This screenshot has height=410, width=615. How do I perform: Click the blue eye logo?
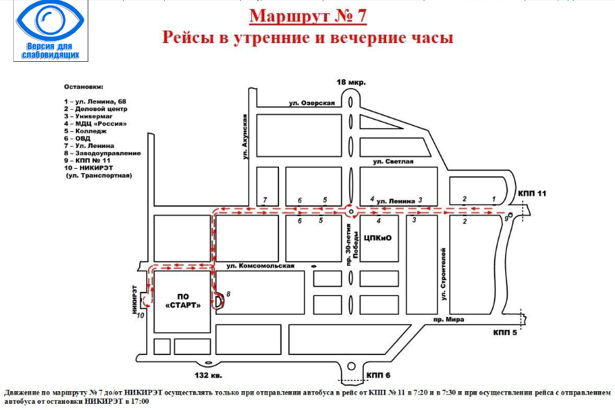coord(48,20)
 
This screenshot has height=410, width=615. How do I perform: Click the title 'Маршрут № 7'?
coord(307,15)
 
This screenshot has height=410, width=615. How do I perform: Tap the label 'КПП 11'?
coord(534,193)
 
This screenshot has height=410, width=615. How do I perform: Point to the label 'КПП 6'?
coord(378,375)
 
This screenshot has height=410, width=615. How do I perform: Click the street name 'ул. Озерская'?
coord(313,104)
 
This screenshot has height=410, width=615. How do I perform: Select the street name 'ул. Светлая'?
coord(393,162)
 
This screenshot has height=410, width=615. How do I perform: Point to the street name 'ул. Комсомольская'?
coord(261,265)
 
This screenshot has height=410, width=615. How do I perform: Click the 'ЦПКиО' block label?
coord(379,238)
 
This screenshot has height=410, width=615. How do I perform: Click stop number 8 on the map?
coord(228,294)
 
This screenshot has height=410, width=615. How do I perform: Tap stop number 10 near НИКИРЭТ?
coord(140,315)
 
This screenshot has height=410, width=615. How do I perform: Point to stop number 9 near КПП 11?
coord(506,218)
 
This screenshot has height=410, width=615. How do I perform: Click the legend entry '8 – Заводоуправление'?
coord(102,153)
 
